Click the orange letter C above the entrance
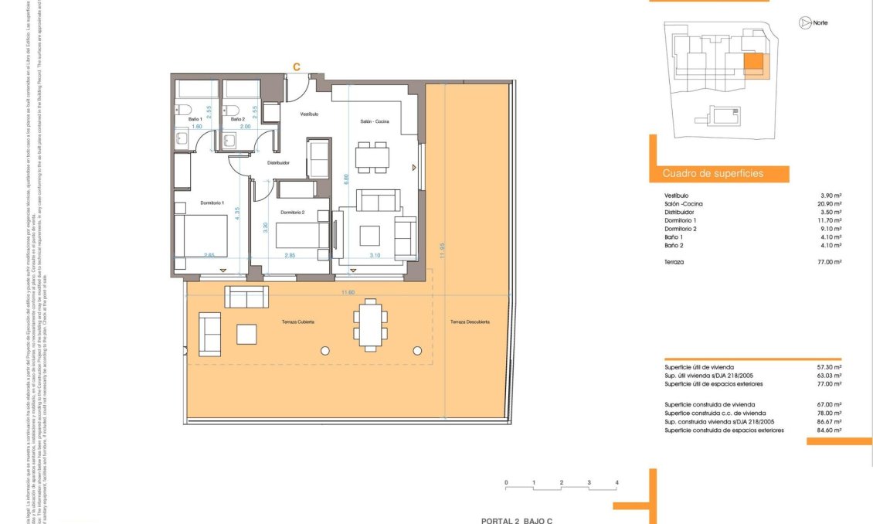[296, 67]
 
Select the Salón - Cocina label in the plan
[375, 122]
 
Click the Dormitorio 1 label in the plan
[212, 202]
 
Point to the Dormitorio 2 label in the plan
[292, 213]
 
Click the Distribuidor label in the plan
[278, 163]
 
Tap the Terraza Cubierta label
[297, 322]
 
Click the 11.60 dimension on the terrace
[347, 292]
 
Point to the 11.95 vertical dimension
[443, 256]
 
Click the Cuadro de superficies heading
[713, 174]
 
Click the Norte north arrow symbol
[804, 23]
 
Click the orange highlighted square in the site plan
[753, 63]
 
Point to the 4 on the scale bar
[617, 482]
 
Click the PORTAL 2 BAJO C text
[517, 520]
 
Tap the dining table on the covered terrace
[369, 323]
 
